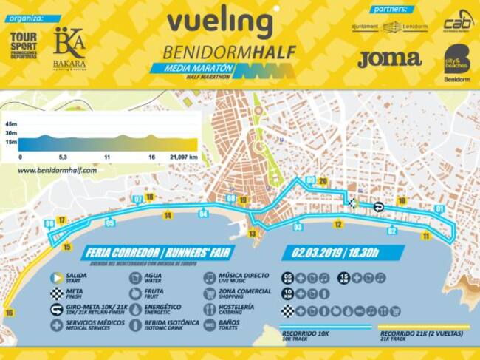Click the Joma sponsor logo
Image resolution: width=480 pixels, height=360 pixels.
388,58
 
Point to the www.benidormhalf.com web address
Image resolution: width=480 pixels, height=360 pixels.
57,170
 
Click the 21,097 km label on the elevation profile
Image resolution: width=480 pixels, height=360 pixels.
183,157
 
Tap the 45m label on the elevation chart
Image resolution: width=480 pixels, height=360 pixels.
10,123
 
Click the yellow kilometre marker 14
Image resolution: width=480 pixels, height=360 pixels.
168,215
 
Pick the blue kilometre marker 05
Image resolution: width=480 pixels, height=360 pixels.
109,223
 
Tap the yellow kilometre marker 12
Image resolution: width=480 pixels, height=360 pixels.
337,224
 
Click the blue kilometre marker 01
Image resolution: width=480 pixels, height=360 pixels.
439,209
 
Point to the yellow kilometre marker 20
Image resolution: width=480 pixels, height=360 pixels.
323,182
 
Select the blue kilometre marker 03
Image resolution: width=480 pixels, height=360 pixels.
298,226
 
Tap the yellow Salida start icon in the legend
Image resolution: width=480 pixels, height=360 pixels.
55,277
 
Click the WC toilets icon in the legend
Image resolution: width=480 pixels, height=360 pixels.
210,325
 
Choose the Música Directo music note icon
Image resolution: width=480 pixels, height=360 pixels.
210,277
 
